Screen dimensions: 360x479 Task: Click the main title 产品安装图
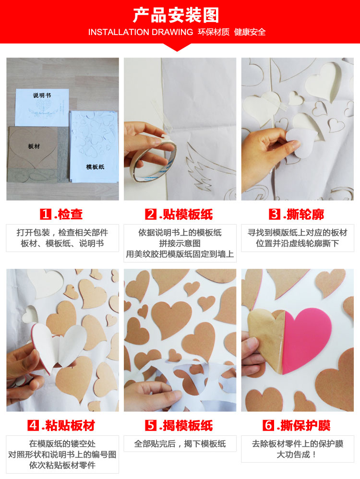[176, 15]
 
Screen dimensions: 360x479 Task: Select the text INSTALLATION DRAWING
[141, 32]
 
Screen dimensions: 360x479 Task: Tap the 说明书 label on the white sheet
[42, 96]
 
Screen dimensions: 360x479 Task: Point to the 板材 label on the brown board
[34, 146]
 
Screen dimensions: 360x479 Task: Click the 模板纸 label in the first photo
[95, 167]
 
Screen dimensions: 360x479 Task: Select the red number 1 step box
[46, 214]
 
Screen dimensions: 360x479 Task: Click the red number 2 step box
[151, 214]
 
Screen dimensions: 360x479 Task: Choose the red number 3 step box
[275, 214]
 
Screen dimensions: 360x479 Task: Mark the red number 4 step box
[33, 425]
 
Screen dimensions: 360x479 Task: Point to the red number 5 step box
[151, 425]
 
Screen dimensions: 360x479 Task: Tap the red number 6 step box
[268, 425]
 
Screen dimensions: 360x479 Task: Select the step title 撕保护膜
[305, 426]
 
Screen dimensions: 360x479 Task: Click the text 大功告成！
[297, 455]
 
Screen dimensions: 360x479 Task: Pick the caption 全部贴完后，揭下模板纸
[180, 444]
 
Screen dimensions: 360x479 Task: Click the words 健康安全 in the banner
[250, 32]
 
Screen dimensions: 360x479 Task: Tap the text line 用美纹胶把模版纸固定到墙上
[180, 254]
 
